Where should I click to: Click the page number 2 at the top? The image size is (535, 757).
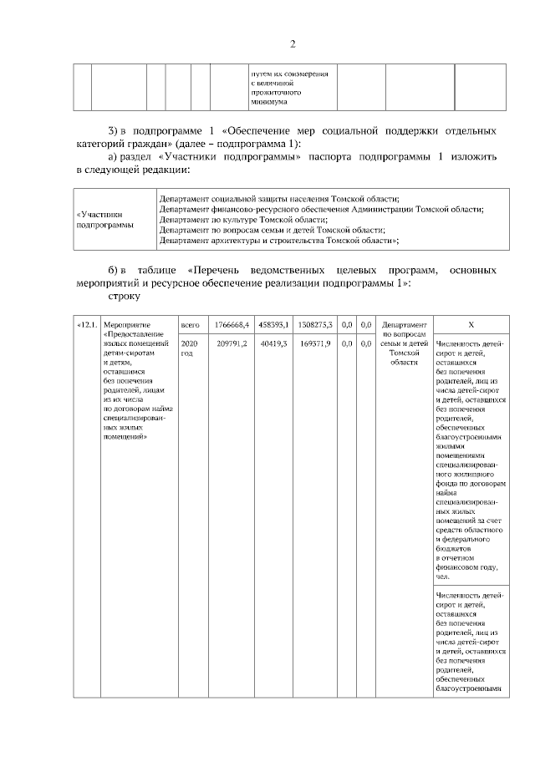click(x=293, y=44)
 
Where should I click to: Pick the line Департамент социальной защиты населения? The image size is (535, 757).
click(x=279, y=198)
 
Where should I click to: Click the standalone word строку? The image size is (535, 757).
click(x=124, y=296)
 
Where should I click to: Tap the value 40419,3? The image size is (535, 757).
click(x=277, y=343)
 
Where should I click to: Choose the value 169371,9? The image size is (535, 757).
click(x=318, y=343)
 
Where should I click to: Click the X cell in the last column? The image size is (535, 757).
click(x=471, y=324)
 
